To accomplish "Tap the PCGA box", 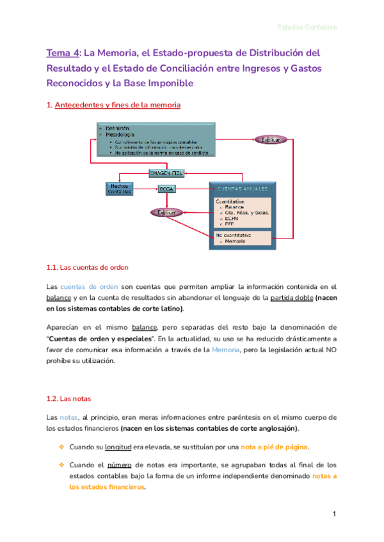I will pyautogui.click(x=166, y=189).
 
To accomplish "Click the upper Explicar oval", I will pyautogui.click(x=271, y=139).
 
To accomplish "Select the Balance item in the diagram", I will pyautogui.click(x=236, y=207).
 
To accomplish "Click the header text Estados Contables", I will pyautogui.click(x=307, y=27).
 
